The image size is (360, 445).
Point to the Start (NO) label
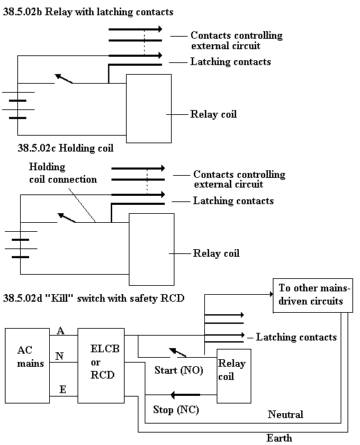179,370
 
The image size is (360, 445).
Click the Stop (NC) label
176,410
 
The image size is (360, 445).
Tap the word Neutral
285,415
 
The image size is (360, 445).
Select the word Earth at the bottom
279,438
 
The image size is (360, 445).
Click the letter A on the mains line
60,331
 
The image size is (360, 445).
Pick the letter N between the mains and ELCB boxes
60,356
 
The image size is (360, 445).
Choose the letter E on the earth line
63,390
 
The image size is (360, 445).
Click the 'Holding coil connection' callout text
63,173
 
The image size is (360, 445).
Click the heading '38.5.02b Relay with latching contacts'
88,12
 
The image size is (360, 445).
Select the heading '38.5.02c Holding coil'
65,148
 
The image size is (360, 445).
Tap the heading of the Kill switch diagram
93,298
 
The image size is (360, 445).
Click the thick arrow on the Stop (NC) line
185,394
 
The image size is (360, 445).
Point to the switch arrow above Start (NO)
178,352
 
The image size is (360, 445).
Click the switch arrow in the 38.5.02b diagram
64,79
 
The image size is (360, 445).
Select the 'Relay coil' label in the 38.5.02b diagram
213,114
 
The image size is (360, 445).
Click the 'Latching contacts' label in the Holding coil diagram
233,201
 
